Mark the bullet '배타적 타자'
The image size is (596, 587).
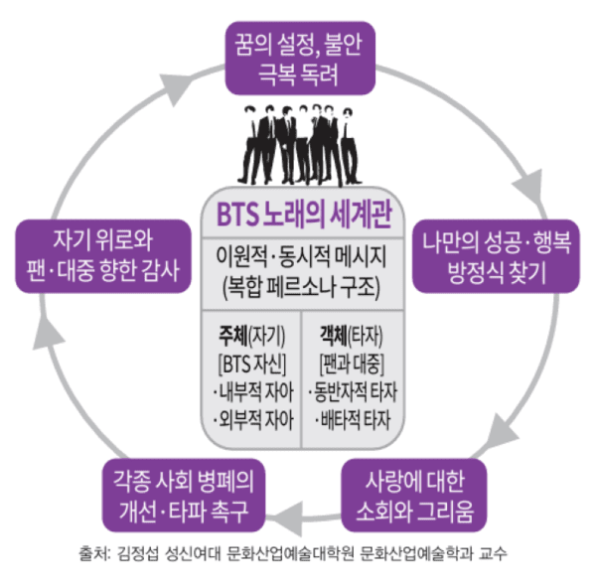point(356,409)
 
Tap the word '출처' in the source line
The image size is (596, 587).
point(91,552)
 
